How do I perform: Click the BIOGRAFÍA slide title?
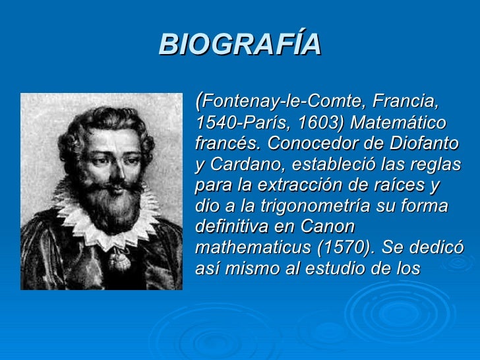point(240,45)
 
